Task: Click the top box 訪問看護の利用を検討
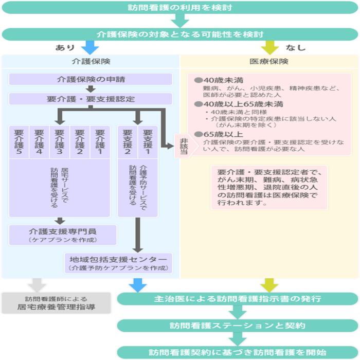[179, 8]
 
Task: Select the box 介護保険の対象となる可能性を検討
[179, 34]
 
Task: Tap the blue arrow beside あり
[90, 47]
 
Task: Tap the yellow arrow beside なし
[269, 47]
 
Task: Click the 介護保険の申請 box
[91, 79]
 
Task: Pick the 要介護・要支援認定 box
[91, 99]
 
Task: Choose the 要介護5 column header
[19, 141]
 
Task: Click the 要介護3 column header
[60, 141]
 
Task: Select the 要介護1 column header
[100, 141]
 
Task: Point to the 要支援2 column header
[128, 141]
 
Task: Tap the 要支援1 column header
[148, 141]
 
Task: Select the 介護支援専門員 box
[63, 235]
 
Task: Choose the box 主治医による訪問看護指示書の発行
[238, 299]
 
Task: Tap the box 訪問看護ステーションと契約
[238, 326]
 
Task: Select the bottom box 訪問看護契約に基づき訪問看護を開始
[238, 352]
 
